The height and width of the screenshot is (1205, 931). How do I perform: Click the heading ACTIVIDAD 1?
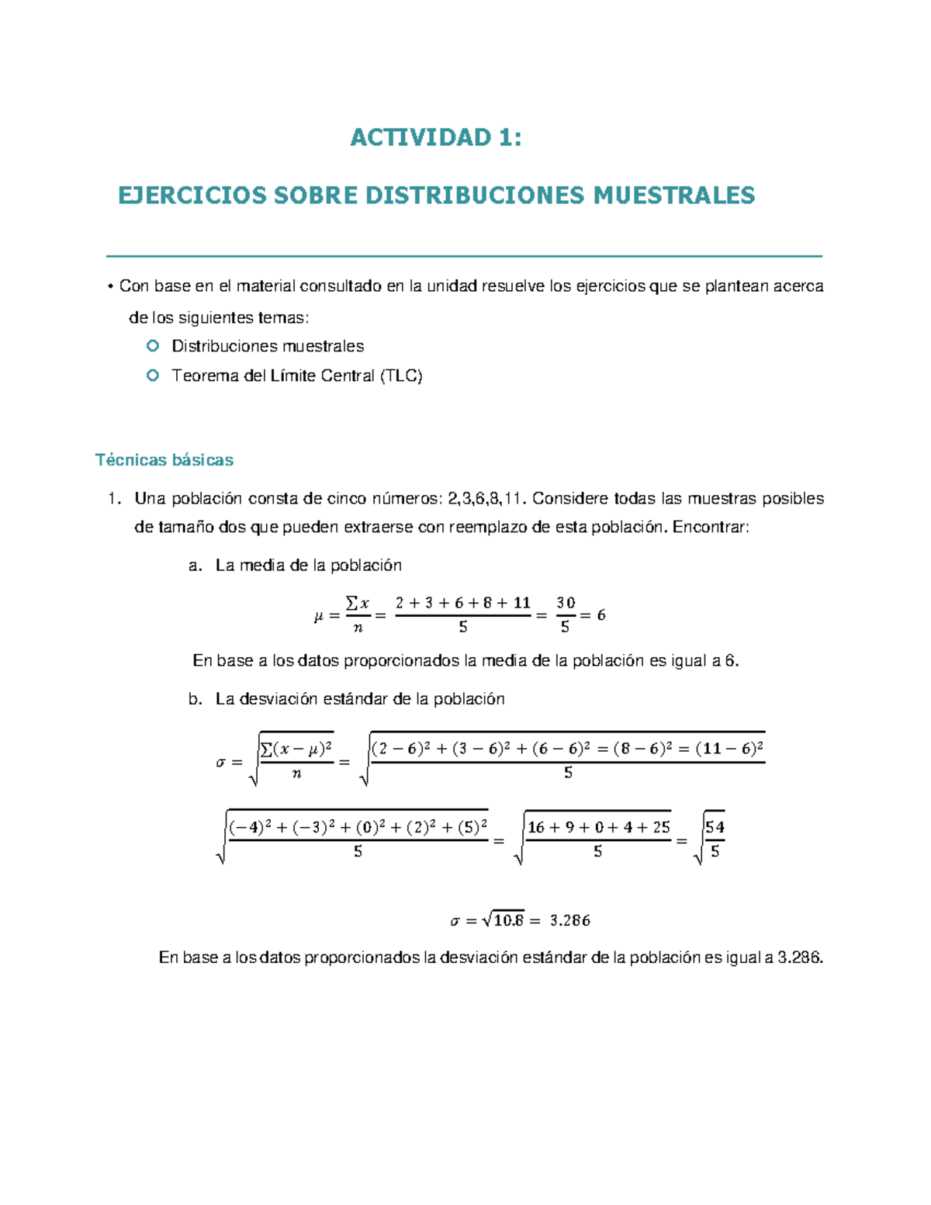coord(436,137)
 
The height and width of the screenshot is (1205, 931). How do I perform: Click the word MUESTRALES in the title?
coord(673,195)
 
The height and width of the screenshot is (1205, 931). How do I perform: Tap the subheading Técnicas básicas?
coord(164,460)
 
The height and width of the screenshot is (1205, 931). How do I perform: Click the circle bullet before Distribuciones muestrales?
coord(153,345)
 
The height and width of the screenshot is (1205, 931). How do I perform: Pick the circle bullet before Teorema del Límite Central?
coord(153,376)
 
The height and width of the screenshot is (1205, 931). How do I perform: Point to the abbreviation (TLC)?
coord(401,376)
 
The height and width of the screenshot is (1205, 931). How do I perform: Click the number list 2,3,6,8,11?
coord(486,498)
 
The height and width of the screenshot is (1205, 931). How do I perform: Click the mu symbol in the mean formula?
coord(318,617)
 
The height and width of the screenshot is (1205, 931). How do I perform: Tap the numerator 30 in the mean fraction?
coord(566,603)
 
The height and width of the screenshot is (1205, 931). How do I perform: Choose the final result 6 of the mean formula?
coord(601,615)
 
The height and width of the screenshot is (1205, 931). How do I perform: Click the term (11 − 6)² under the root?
coord(729,749)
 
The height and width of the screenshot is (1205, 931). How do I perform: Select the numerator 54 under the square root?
coord(715,827)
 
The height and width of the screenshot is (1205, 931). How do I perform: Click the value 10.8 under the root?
coord(508,921)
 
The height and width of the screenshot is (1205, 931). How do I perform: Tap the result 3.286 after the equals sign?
coord(569,921)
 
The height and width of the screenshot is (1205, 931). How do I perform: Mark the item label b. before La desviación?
coord(195,699)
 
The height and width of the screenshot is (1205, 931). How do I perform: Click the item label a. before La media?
coord(195,566)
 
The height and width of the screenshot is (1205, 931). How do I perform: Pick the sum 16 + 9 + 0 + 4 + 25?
coord(598,828)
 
